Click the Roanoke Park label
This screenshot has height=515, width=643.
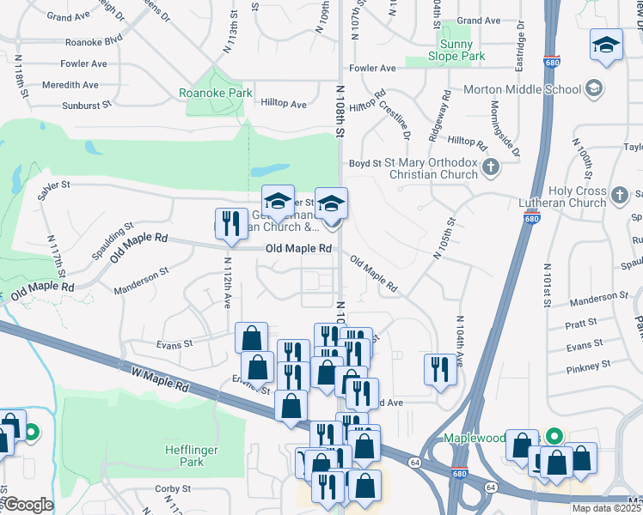tap(215, 94)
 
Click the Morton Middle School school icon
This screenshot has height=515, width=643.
tap(594, 89)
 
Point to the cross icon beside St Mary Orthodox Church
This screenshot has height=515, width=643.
tap(491, 167)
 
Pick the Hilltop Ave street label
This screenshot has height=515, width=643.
tap(284, 105)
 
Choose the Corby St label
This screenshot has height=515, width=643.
tap(173, 488)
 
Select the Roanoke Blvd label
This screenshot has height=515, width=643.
tap(93, 40)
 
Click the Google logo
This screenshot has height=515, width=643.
tap(28, 505)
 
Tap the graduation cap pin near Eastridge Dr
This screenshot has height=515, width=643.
tap(606, 45)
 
